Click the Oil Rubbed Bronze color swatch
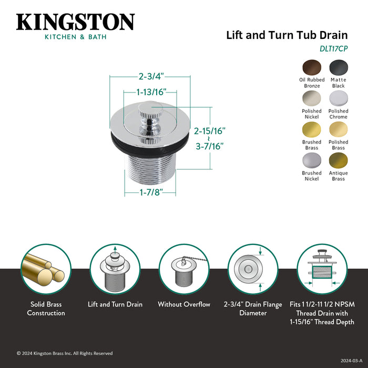[x=312, y=67]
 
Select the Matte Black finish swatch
[x=338, y=67]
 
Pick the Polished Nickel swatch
[x=312, y=98]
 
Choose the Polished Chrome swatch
[x=338, y=98]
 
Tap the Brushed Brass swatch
[x=312, y=129]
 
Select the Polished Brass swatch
[x=338, y=129]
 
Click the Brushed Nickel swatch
[x=312, y=160]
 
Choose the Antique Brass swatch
[x=338, y=160]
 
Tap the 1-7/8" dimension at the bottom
[x=150, y=193]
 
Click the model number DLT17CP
[x=334, y=48]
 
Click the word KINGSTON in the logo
[x=75, y=22]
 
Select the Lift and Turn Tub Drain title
[x=287, y=35]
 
